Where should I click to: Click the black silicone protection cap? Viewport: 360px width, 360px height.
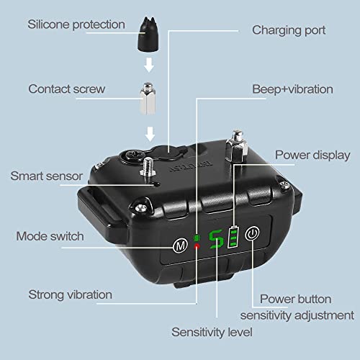148,34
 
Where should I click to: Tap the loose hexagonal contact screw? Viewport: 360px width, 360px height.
148,99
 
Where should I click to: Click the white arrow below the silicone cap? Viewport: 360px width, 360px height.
149,65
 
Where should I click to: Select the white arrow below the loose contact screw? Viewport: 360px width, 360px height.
150,134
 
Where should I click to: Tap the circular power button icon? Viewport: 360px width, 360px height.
252,233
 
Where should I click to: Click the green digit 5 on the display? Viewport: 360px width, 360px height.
216,239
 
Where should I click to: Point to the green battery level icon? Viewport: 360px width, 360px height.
233,237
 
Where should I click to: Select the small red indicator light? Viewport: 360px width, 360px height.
197,246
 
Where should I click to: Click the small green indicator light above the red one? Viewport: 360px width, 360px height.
197,238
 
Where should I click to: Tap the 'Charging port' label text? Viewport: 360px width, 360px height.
289,31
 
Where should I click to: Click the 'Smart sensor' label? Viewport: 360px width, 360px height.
47,176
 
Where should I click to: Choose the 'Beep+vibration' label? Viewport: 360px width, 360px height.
292,89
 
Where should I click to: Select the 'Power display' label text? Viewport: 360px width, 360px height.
312,156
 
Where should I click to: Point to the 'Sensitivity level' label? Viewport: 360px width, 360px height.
212,333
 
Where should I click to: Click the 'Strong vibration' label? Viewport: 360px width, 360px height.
70,294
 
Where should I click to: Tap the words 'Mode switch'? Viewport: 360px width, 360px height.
50,236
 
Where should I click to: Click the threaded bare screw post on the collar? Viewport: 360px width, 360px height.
148,167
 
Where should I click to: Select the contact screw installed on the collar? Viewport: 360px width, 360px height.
237,145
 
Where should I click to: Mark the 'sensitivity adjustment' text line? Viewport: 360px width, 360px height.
297,315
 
